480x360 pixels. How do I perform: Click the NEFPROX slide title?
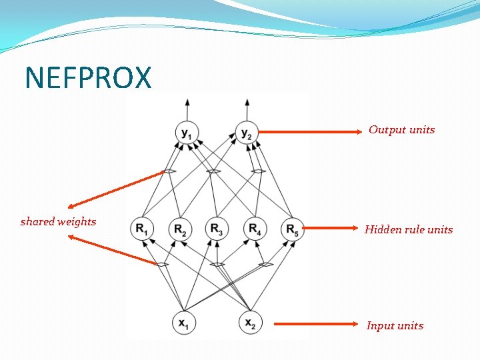click(x=88, y=78)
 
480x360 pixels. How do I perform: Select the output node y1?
click(x=187, y=133)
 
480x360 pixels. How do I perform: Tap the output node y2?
click(x=247, y=133)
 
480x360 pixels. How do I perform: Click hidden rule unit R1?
click(x=142, y=229)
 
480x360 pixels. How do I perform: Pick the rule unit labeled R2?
click(x=179, y=229)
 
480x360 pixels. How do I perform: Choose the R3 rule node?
click(x=217, y=229)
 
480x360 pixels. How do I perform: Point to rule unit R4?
click(x=254, y=229)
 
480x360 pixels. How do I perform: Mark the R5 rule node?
click(x=292, y=229)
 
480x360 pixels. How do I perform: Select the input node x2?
click(x=250, y=323)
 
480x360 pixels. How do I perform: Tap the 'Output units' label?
click(x=401, y=130)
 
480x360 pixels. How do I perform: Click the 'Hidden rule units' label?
click(x=408, y=230)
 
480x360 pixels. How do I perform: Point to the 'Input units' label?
click(x=395, y=326)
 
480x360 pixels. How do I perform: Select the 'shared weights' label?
click(x=58, y=222)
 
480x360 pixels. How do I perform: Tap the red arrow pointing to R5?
click(x=333, y=228)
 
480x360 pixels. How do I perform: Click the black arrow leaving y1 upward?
click(x=187, y=109)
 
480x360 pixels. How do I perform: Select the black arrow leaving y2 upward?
click(x=247, y=109)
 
